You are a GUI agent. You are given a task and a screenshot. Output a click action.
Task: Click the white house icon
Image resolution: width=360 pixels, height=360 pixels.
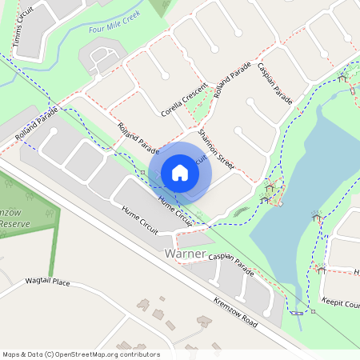(x=180, y=172)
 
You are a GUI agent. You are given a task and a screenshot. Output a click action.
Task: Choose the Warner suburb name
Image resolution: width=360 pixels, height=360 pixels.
(x=184, y=254)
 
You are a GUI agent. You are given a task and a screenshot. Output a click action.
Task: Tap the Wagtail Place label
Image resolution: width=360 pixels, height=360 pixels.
(x=47, y=283)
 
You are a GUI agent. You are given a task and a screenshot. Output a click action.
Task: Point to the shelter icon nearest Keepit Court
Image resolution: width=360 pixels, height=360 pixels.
(x=320, y=270)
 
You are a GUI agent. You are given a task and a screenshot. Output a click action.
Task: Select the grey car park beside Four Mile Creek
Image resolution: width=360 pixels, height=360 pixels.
(x=102, y=59)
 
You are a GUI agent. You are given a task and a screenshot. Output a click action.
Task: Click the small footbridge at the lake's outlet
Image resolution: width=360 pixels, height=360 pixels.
(x=297, y=311)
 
